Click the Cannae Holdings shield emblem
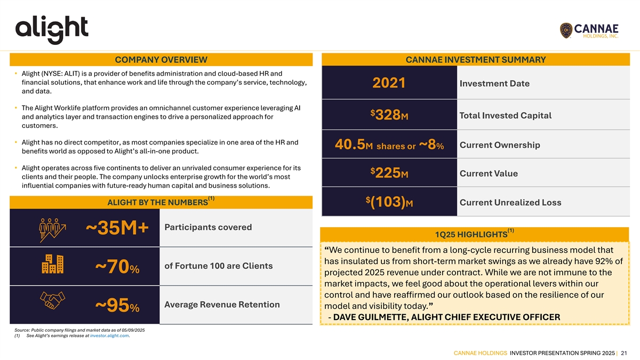567,31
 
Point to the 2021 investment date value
389,84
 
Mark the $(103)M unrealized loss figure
389,203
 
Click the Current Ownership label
499,145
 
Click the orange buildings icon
52,265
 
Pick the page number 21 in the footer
623,353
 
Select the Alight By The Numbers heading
157,202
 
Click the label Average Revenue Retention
222,305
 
